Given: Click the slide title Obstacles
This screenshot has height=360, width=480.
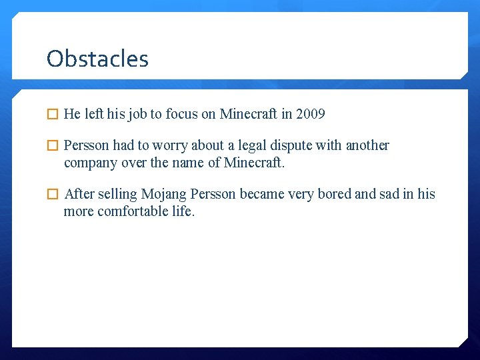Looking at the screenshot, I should pos(97,59).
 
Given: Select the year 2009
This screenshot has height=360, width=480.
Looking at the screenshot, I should pos(310,114).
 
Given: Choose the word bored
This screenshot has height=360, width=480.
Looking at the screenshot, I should pos(334,195).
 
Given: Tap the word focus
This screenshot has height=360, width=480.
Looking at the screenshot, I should pos(181,114).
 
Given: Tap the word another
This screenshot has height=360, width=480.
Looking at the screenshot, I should pos(367,145).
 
